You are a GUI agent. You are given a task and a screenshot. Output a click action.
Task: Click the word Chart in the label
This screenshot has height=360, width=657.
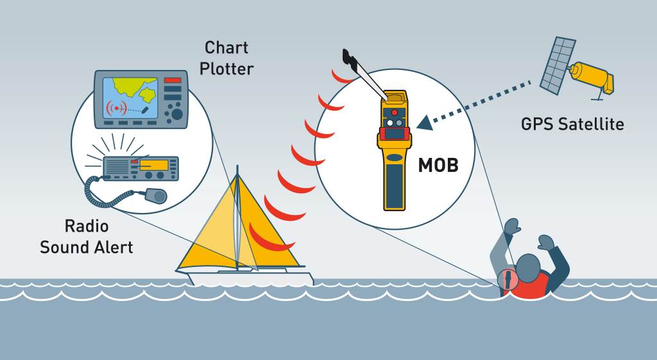(226, 47)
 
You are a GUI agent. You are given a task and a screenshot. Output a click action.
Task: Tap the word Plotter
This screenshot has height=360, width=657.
(226, 68)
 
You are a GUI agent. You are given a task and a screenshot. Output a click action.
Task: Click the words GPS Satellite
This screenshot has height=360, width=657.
(572, 124)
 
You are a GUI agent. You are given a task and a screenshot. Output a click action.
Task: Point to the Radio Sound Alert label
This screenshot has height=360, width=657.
(86, 237)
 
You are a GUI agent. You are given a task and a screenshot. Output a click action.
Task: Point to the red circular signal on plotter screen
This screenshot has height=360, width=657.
(116, 107)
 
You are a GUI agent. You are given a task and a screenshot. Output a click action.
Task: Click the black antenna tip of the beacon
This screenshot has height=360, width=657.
(350, 59)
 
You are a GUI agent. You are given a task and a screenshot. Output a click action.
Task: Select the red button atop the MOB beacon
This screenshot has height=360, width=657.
(395, 112)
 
